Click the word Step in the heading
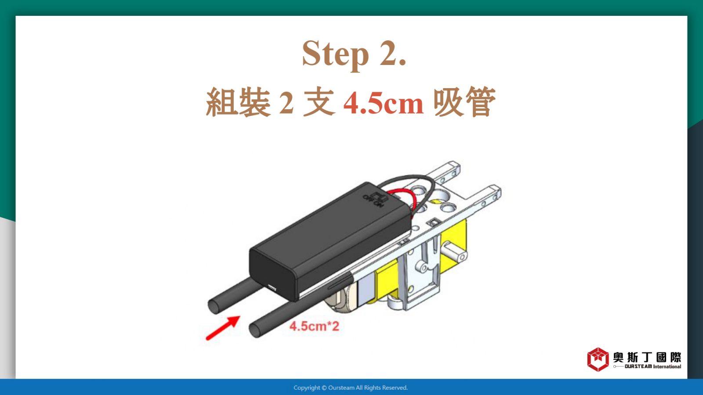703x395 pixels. tap(335, 54)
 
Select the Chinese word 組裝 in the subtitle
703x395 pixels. tap(238, 102)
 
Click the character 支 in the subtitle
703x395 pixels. tap(319, 102)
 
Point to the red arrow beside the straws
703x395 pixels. tap(223, 328)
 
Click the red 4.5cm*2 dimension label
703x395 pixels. tap(314, 327)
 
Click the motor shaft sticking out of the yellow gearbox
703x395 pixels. tap(454, 253)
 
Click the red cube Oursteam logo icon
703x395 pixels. tap(598, 359)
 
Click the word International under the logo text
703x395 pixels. tap(667, 366)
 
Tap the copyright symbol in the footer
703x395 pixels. tap(324, 388)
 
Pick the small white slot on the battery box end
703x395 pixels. tap(272, 287)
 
